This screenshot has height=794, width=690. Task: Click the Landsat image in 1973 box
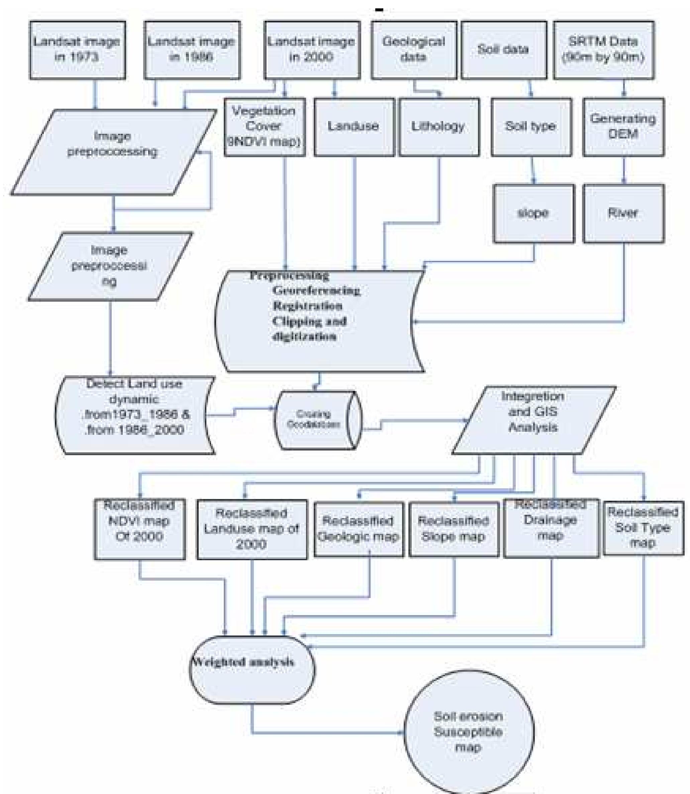click(77, 50)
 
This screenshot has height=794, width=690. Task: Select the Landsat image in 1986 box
click(192, 50)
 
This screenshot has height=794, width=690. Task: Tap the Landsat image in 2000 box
click(312, 50)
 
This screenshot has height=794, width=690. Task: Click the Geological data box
click(414, 50)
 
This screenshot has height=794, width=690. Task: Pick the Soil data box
click(504, 50)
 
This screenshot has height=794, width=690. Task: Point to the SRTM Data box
click(603, 50)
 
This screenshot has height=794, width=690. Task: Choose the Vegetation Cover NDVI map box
click(265, 127)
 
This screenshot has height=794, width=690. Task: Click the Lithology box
click(439, 127)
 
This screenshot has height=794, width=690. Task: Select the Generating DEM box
click(623, 127)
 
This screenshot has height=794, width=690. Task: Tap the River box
click(623, 213)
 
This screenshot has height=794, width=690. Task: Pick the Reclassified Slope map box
click(454, 529)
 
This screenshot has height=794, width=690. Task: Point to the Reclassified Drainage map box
click(551, 528)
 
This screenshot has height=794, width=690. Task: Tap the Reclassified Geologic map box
click(359, 529)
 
